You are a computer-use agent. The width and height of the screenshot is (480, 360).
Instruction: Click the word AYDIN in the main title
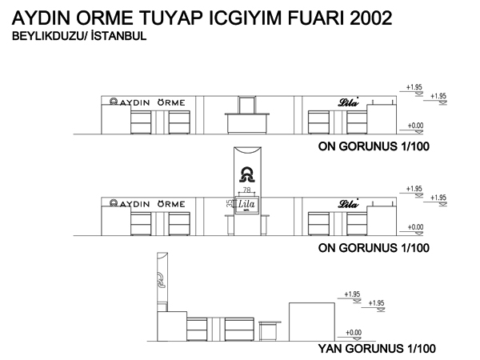(42, 18)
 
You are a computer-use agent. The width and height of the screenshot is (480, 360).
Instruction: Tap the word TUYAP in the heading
(171, 18)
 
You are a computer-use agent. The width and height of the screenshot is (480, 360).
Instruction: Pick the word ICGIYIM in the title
(246, 18)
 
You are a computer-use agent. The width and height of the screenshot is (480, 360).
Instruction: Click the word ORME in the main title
(105, 18)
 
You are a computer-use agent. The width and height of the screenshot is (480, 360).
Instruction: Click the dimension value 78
(246, 190)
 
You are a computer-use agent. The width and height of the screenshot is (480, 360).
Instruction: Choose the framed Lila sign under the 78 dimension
(247, 205)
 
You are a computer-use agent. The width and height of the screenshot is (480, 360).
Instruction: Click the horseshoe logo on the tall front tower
(247, 174)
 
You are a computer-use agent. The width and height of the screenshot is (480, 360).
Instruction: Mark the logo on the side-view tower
(162, 280)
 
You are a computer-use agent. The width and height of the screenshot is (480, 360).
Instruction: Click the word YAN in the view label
(330, 349)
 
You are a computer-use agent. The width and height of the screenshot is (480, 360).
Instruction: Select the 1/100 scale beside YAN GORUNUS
(422, 349)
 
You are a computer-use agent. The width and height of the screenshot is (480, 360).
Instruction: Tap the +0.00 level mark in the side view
(354, 333)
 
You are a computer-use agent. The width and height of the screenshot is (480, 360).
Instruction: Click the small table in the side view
(270, 331)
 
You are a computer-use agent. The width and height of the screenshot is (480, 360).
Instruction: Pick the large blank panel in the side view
(312, 322)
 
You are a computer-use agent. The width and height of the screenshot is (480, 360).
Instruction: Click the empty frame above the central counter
(247, 105)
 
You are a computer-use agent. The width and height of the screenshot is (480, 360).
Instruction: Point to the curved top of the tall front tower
(247, 150)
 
